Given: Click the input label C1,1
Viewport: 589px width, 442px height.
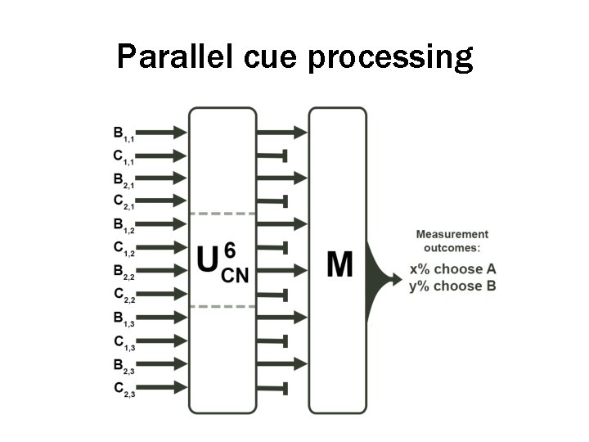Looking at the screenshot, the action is (124, 156).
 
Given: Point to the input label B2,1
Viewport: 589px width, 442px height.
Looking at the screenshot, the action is (124, 178).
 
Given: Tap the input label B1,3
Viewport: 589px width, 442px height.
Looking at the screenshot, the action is (124, 318).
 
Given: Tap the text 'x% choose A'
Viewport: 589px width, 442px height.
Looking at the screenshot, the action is (453, 269).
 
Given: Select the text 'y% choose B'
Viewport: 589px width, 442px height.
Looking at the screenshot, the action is (453, 286).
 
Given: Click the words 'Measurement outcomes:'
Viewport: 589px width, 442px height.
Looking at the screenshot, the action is (452, 241).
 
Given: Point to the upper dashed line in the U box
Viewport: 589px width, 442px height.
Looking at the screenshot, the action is (223, 214).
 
